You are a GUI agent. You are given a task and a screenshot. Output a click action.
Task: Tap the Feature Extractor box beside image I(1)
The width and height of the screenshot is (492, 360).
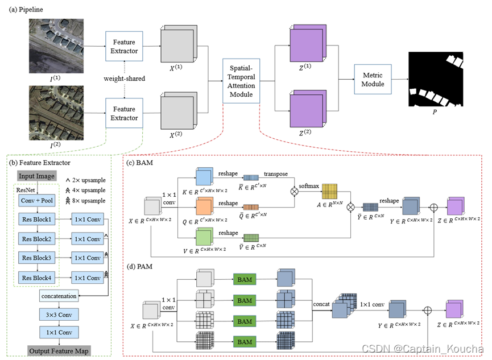tap(124, 47)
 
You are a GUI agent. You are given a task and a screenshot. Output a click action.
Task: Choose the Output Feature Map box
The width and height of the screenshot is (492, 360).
tap(60, 349)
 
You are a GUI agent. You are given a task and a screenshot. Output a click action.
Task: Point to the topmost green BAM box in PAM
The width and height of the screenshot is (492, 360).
tap(245, 279)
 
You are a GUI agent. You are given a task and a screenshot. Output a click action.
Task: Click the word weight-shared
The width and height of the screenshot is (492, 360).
tap(124, 77)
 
